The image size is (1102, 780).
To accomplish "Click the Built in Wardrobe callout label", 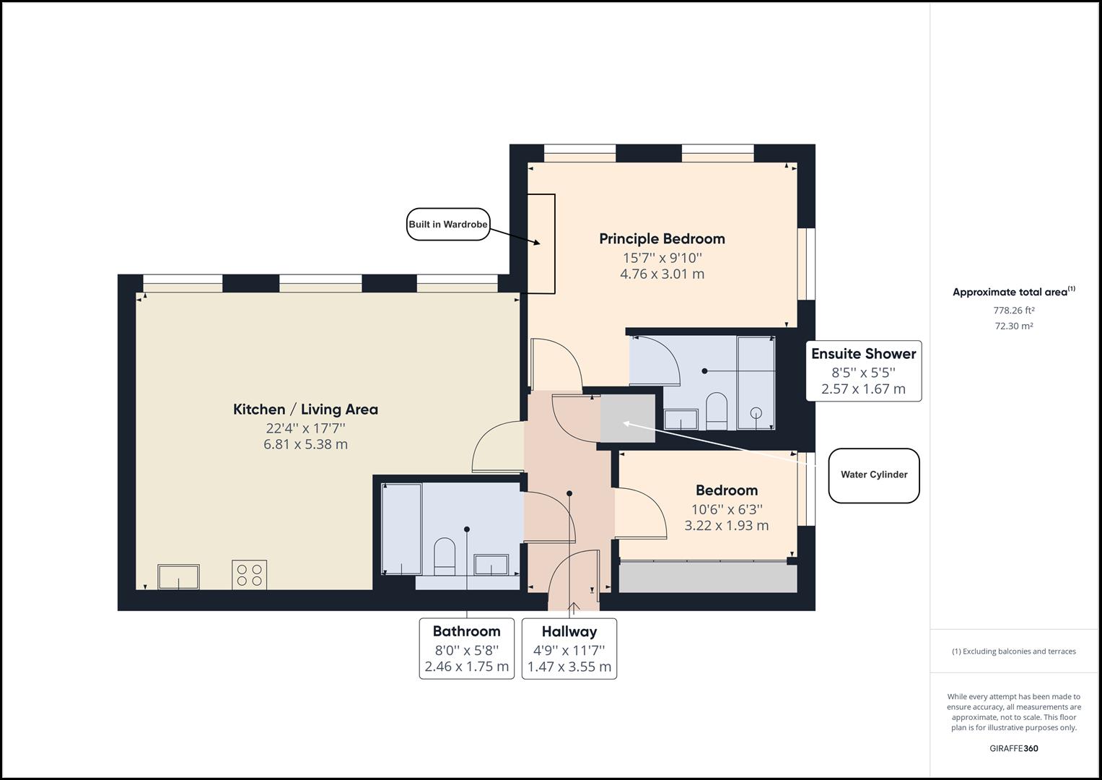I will click(448, 225).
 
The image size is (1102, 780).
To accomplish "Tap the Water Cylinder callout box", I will click(873, 475).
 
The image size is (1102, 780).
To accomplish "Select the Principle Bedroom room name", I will click(662, 239).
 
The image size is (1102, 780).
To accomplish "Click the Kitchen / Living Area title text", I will click(305, 409).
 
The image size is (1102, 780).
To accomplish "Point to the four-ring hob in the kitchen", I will click(249, 575).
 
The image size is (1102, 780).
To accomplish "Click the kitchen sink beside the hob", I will click(179, 577).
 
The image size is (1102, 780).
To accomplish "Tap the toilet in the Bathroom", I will click(445, 556).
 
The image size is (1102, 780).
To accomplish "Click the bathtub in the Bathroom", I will click(401, 529).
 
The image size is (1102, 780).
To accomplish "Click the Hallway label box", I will click(569, 649).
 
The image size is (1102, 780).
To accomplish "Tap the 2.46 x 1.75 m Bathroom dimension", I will click(466, 667).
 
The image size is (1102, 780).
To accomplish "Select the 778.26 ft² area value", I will click(1014, 311).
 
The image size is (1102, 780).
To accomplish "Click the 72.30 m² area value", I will click(1014, 326).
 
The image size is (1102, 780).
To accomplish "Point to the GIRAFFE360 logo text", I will click(1013, 748).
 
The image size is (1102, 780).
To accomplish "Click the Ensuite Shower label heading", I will click(863, 354).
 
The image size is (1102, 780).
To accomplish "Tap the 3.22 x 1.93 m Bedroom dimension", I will click(726, 526).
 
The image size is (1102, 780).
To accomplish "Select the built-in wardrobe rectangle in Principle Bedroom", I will click(541, 244).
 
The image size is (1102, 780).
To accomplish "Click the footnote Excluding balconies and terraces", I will click(1013, 651).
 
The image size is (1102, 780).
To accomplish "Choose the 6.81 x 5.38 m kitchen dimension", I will click(305, 444).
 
